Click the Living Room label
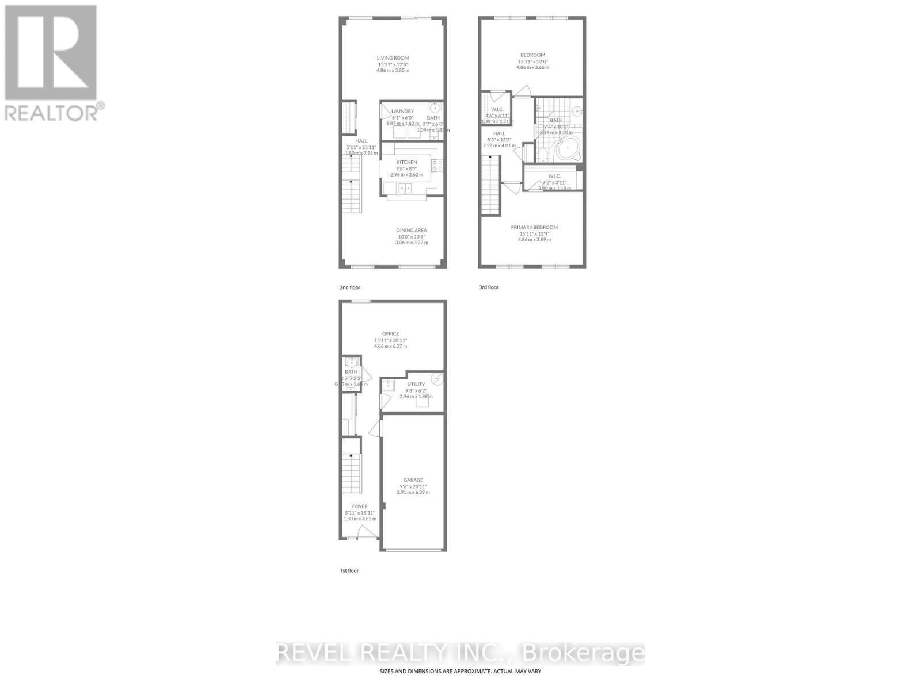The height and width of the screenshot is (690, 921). [393, 58]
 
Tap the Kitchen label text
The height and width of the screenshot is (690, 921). [406, 163]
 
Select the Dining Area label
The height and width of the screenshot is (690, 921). [412, 231]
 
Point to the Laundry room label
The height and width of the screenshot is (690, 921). [402, 112]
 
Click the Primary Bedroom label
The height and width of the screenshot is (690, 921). [534, 228]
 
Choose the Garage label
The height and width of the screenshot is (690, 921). [413, 480]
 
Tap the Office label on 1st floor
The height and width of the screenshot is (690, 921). [390, 334]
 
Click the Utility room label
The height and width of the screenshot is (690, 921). [416, 385]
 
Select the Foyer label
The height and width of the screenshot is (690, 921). [360, 507]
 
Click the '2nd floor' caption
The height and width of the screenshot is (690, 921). [350, 287]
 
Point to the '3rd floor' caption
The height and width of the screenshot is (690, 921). [489, 287]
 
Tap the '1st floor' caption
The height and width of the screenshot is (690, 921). [349, 571]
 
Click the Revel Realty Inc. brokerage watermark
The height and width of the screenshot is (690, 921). [461, 653]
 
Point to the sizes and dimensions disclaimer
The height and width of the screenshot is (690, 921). [461, 671]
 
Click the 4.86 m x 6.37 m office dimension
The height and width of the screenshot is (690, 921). [390, 346]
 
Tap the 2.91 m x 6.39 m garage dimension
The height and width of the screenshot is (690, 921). [413, 492]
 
